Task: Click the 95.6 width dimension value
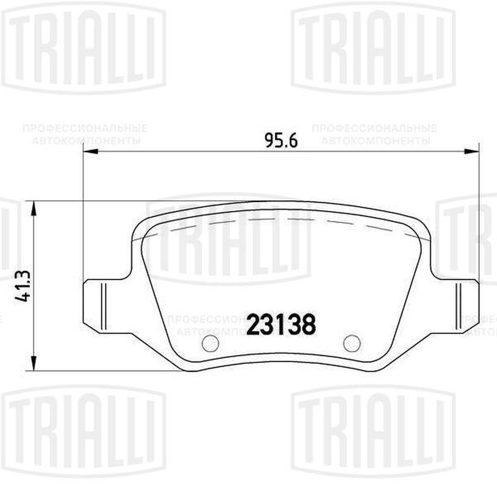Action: pos(281,141)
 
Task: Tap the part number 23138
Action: pos(281,325)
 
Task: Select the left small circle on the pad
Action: pos(210,343)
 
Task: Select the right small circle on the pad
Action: pos(351,343)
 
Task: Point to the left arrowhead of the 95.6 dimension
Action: pos(90,153)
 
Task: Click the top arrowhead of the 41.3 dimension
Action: pos(34,209)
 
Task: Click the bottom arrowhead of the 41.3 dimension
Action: pos(34,362)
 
